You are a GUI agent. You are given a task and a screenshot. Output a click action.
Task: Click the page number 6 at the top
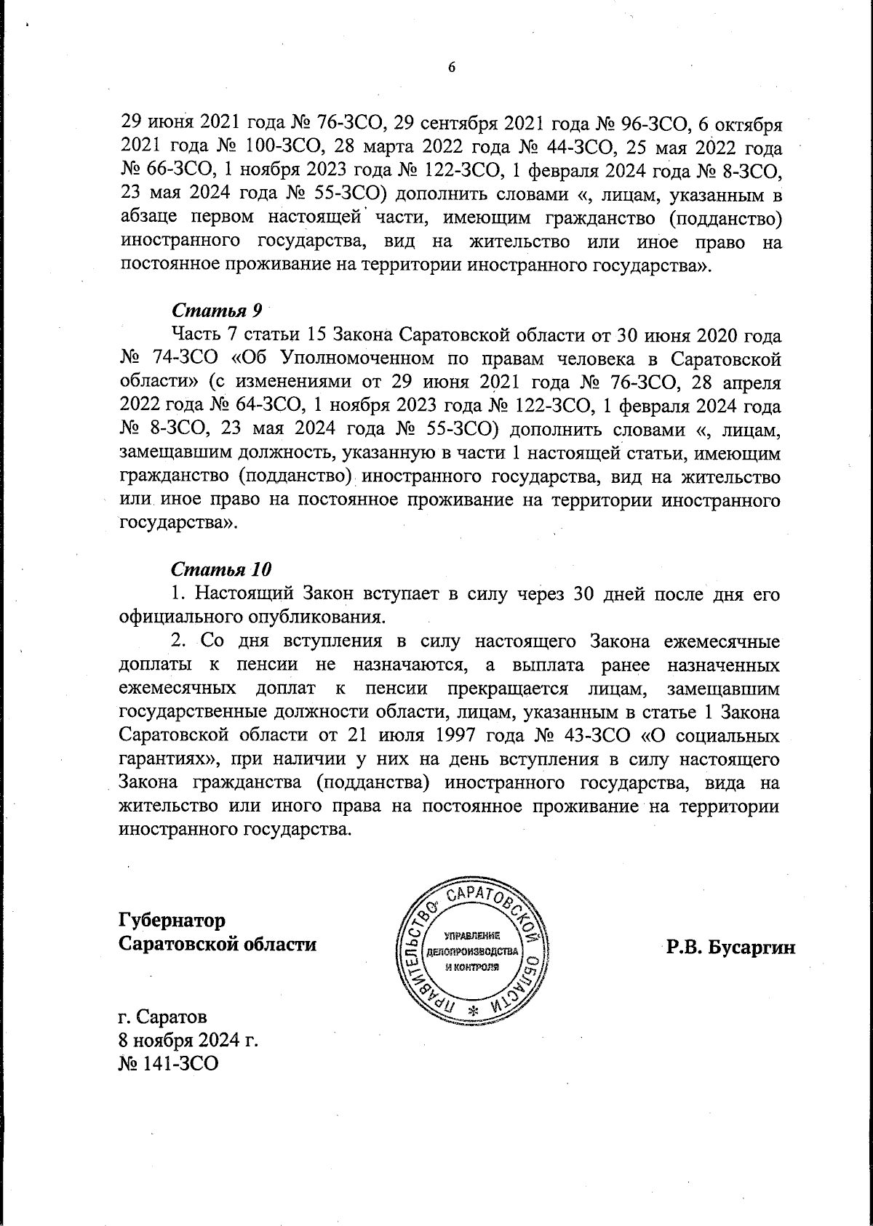point(451,68)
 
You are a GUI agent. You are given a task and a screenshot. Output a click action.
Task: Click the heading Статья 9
point(217,310)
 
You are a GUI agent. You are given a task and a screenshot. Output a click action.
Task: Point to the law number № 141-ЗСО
point(168,1064)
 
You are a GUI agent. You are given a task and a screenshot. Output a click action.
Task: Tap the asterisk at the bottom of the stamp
point(473,1011)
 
